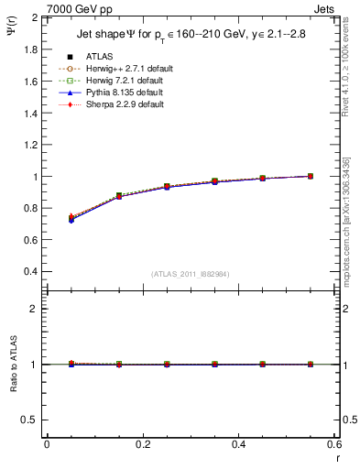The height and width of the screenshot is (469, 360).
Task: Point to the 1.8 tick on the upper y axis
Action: pos(31,49)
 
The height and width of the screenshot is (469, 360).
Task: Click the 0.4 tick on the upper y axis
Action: pos(31,272)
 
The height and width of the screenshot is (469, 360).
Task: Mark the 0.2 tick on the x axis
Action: pos(142,444)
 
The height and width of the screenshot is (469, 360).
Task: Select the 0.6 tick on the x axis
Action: pos(333,444)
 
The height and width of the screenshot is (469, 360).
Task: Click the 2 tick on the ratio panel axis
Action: pos(36,309)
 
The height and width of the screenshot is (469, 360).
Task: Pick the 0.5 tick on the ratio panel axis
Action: pos(31,420)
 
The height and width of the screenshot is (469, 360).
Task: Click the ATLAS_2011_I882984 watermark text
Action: pos(191,275)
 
